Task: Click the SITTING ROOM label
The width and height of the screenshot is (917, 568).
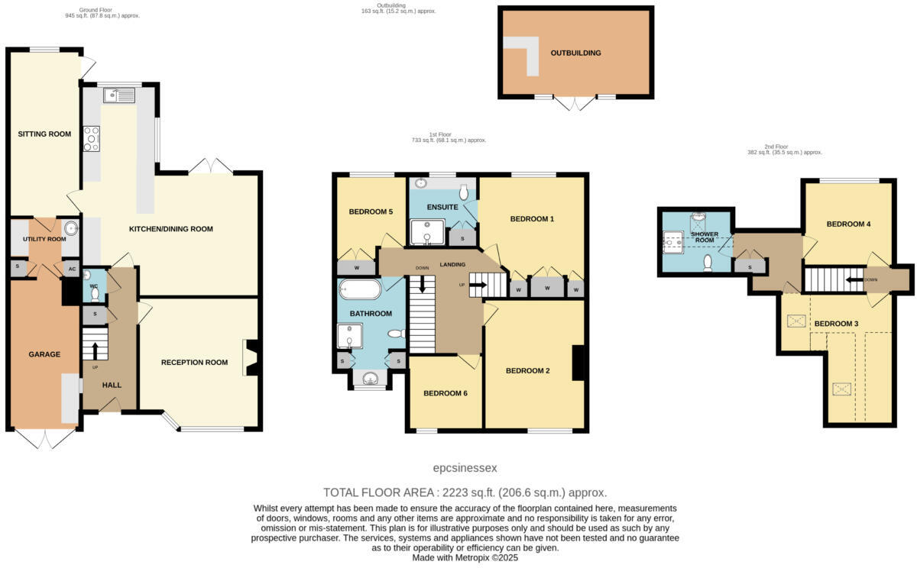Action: click(44, 134)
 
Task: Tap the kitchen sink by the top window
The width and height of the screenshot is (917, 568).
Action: click(120, 95)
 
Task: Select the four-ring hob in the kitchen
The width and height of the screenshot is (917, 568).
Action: click(91, 138)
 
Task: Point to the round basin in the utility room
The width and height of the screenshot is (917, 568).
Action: click(71, 228)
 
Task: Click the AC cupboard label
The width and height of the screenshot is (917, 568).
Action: click(72, 269)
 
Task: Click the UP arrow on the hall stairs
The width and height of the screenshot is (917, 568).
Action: click(96, 350)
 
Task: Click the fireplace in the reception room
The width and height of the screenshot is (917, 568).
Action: click(251, 357)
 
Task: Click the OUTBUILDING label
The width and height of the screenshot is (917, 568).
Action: click(575, 53)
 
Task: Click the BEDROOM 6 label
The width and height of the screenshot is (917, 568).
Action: click(445, 393)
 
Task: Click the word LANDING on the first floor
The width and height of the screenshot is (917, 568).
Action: click(453, 265)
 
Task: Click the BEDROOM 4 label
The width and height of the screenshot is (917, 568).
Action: click(848, 224)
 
